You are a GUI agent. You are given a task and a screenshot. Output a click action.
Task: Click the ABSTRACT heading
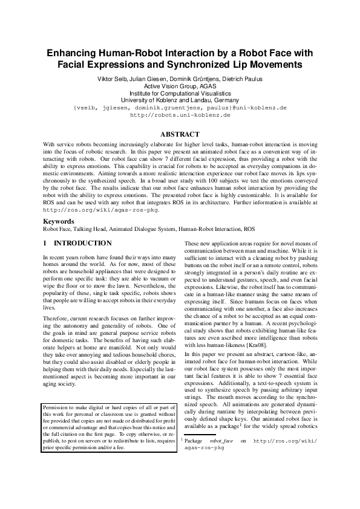(180, 134)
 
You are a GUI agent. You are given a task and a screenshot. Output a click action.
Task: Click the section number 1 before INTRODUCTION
(45, 244)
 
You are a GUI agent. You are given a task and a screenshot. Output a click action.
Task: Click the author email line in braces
(180, 107)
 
